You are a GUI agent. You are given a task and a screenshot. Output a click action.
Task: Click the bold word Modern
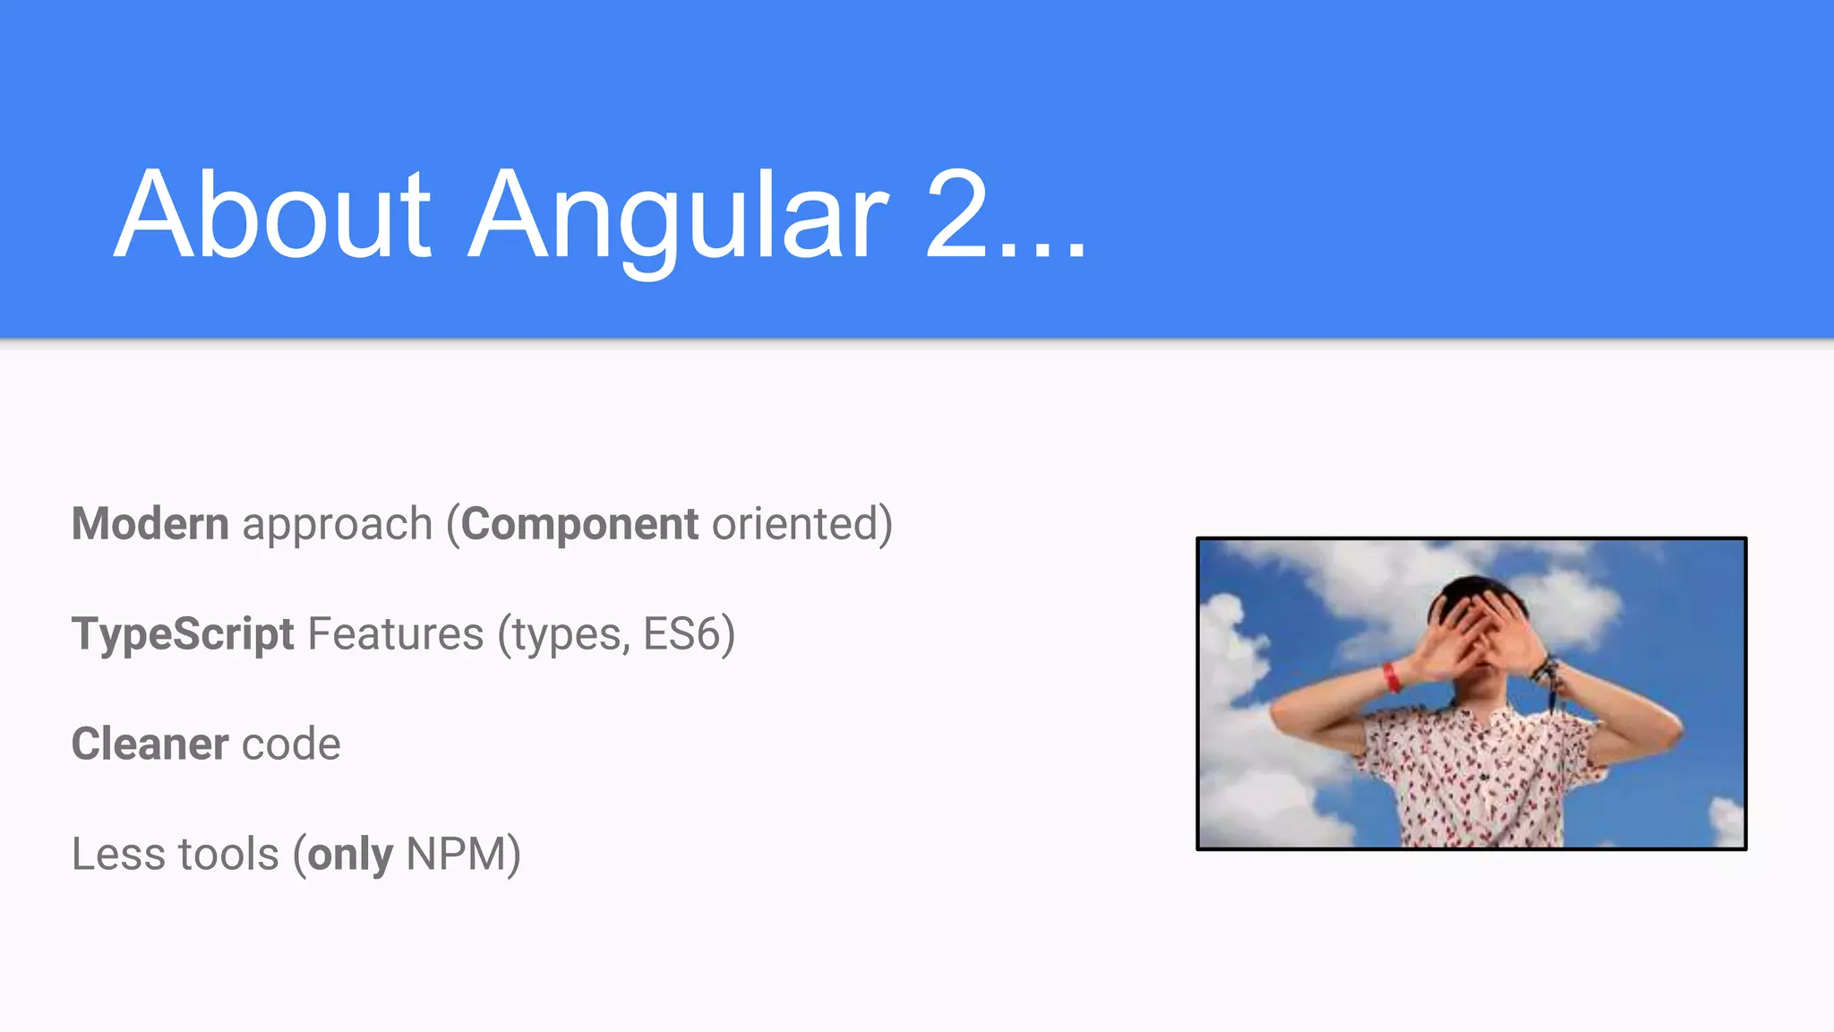click(x=150, y=524)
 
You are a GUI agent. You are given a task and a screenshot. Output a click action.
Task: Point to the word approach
click(x=338, y=524)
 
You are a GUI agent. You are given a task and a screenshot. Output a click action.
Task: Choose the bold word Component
click(x=579, y=524)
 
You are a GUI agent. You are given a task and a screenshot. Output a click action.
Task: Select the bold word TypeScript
click(x=183, y=635)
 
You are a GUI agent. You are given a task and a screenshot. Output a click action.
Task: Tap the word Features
click(x=396, y=634)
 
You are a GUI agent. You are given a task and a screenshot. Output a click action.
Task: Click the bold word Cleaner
click(x=150, y=744)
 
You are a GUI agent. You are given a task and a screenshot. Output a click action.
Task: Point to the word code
click(x=291, y=744)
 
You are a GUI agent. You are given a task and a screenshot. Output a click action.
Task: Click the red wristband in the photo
click(x=1392, y=676)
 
